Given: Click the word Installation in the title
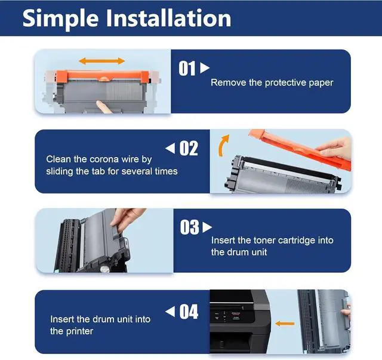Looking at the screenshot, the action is point(168,18).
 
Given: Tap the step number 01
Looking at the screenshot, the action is point(187,69).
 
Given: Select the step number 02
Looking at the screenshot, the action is point(189,148).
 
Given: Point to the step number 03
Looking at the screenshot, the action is point(190,227).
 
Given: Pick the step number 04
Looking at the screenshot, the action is point(189,312).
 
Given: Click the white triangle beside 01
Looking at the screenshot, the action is point(205,67).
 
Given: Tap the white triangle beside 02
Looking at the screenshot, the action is point(170,148).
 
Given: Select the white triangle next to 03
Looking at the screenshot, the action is point(207,227).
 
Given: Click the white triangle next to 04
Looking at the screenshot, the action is point(170,312).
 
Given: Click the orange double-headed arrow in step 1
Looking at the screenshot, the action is point(102,61).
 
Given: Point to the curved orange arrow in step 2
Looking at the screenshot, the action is point(223,146).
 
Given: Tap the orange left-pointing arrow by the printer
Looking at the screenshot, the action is point(285,324).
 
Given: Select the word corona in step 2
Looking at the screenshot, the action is point(102,159).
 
